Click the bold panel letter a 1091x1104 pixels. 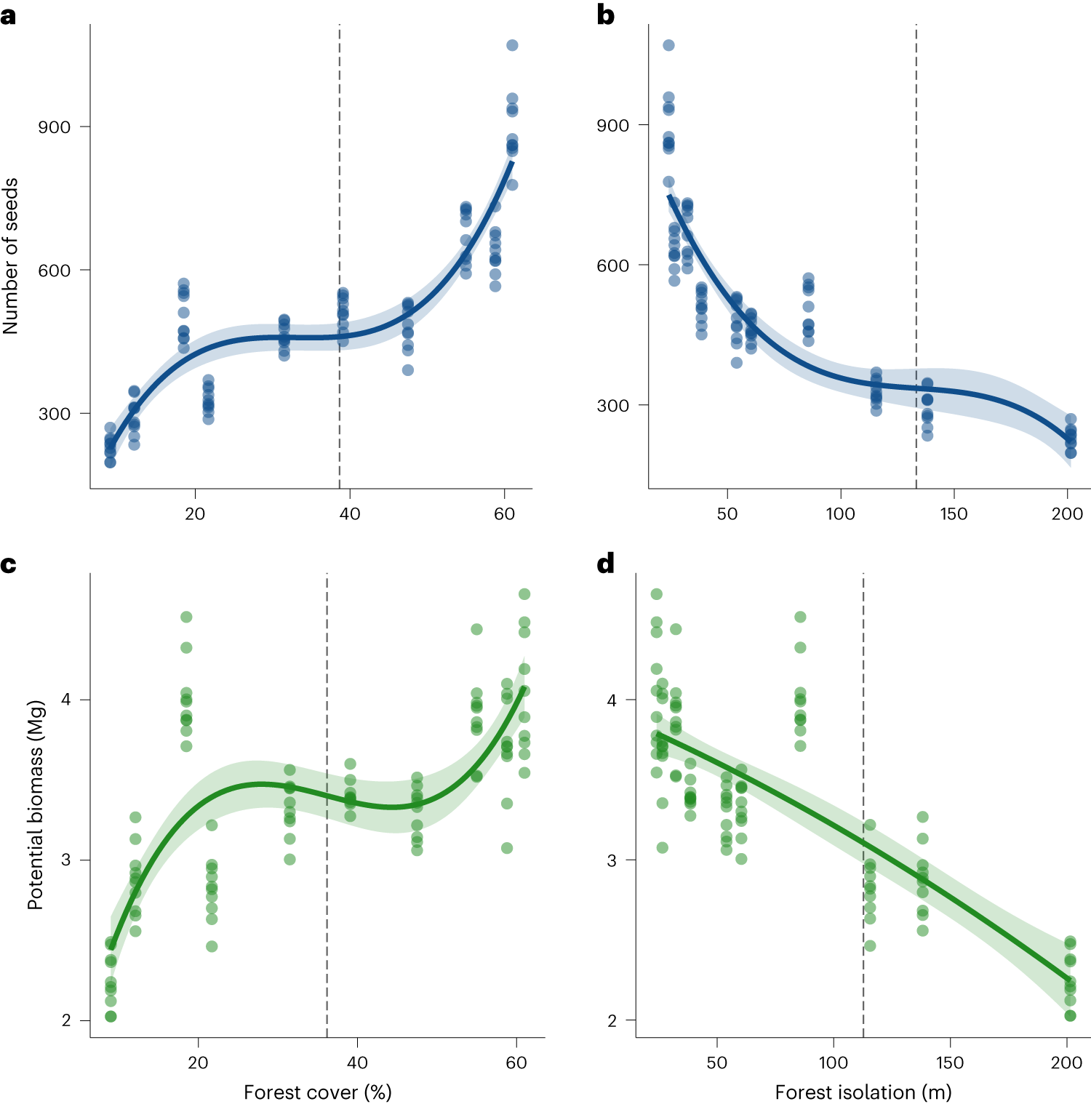[x=8, y=15]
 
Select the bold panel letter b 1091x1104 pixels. [x=605, y=15]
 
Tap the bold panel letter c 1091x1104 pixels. [x=8, y=564]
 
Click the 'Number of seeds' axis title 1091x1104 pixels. [x=10, y=256]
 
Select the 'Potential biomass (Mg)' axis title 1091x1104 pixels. [x=36, y=805]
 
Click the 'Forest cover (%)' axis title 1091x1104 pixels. [x=317, y=1092]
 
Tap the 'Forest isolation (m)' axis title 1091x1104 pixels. [x=863, y=1092]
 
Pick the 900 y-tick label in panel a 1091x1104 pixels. [x=55, y=127]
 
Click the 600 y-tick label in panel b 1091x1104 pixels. [x=612, y=265]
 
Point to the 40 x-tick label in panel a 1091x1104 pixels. [x=350, y=513]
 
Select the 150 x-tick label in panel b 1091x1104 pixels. [x=953, y=513]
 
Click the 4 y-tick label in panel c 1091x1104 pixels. [x=66, y=700]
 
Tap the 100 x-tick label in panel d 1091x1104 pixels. [x=833, y=1063]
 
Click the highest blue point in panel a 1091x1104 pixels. [x=512, y=45]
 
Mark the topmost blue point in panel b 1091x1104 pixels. [x=668, y=45]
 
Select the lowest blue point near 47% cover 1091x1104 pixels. [x=408, y=370]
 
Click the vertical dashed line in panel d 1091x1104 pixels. [x=863, y=800]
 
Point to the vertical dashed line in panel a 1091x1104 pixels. [x=340, y=218]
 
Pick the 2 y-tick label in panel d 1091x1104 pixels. [x=612, y=1020]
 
